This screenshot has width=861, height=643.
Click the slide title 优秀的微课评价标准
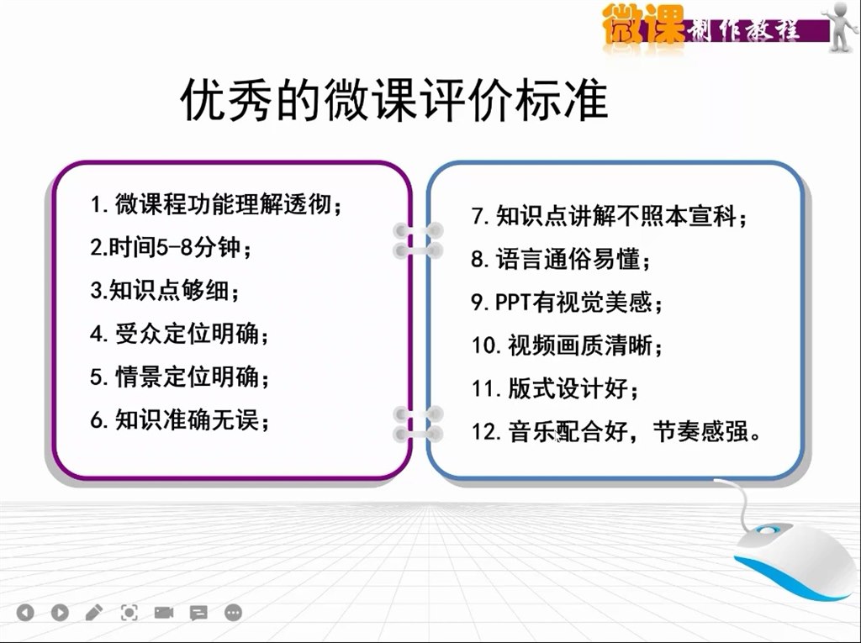click(x=394, y=99)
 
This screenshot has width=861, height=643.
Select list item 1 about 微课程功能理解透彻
click(x=216, y=205)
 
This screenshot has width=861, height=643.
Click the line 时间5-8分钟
click(x=171, y=248)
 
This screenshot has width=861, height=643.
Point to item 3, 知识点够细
click(x=166, y=291)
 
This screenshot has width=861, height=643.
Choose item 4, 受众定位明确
click(x=180, y=334)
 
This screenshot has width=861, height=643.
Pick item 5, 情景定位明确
click(x=180, y=377)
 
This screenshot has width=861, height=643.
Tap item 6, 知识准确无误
click(x=180, y=420)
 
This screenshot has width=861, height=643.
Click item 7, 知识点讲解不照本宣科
click(x=610, y=216)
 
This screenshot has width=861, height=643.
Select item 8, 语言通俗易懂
click(x=561, y=259)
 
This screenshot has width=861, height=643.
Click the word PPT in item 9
click(x=513, y=302)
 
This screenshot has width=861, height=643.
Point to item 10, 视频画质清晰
click(x=568, y=345)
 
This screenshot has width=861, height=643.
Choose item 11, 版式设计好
click(x=555, y=388)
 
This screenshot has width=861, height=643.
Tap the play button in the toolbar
click(x=60, y=612)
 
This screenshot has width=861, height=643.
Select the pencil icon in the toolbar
click(x=94, y=612)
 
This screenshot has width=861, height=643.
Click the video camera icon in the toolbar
click(x=164, y=612)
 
